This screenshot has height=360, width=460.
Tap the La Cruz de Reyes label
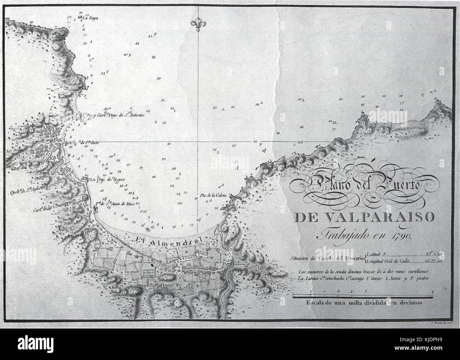point(107,179)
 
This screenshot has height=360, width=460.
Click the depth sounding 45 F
point(153,36)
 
